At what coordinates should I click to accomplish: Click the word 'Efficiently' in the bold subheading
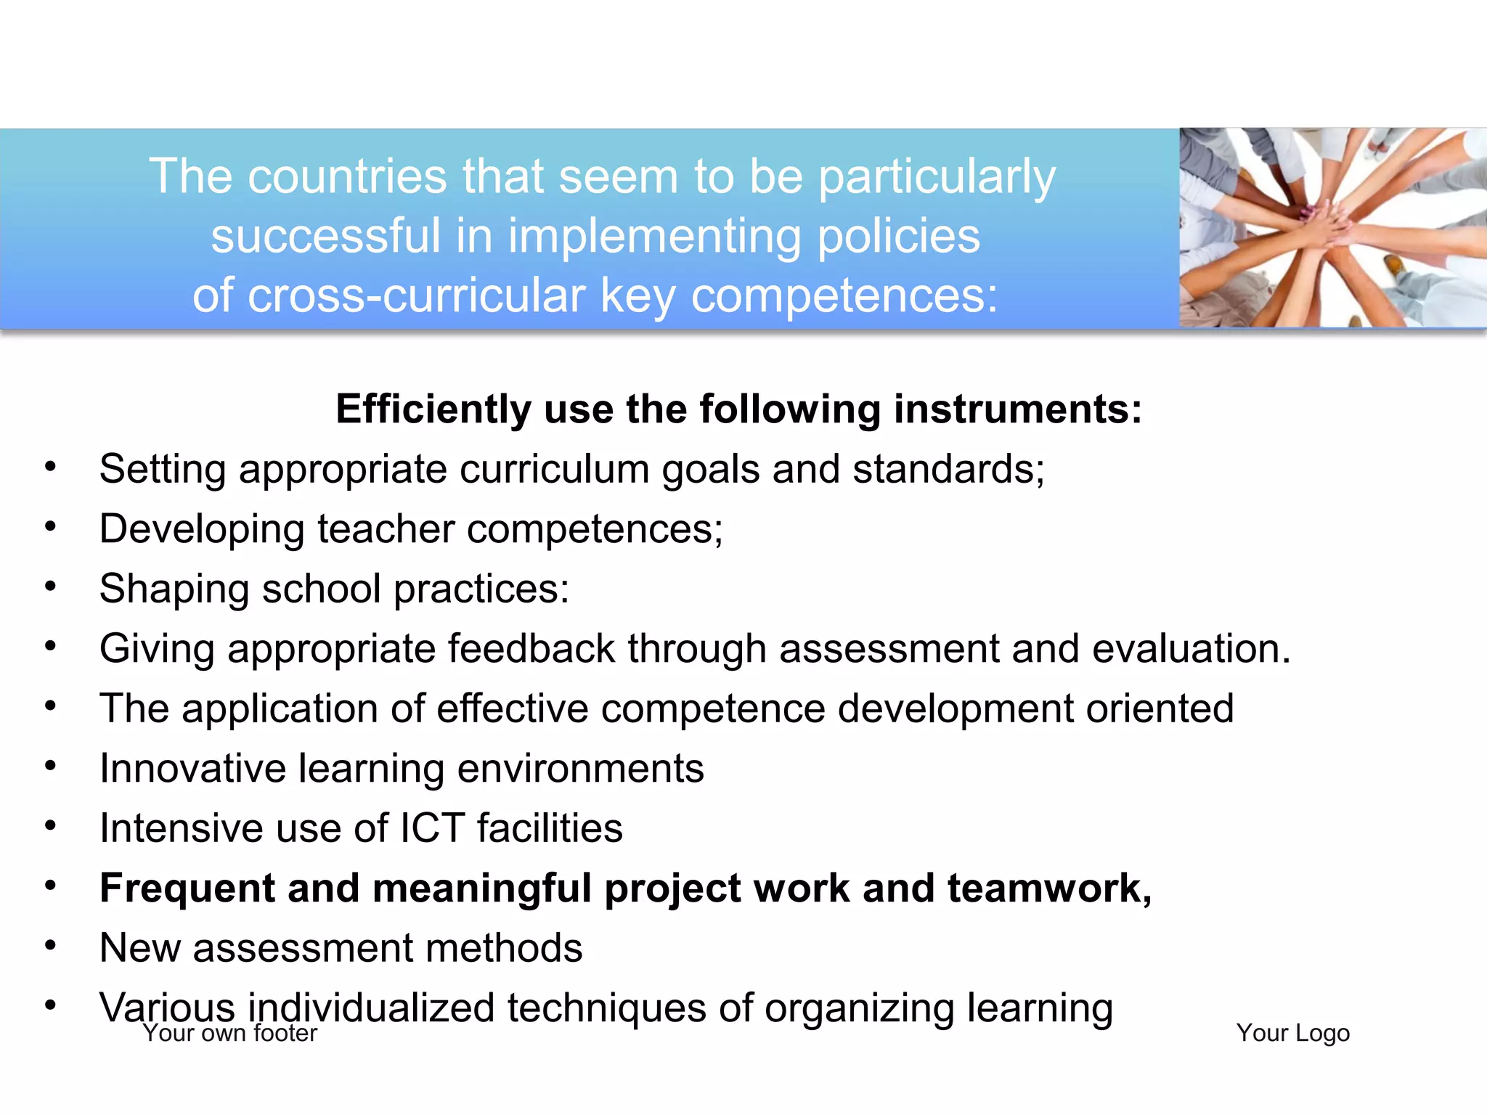(433, 409)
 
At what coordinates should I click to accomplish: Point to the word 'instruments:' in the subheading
(1018, 409)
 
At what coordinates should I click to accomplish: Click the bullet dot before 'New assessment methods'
(50, 945)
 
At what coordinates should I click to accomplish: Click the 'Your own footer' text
(230, 1033)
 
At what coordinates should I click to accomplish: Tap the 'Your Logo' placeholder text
(1292, 1033)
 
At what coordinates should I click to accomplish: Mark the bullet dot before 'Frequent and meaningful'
(50, 886)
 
